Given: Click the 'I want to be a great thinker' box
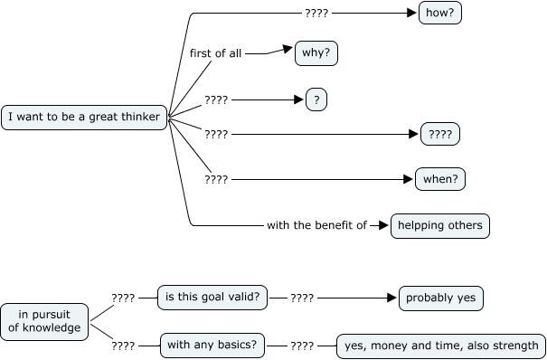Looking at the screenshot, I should click(84, 118).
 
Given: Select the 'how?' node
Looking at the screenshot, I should click(440, 14).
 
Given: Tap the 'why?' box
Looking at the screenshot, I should click(316, 53).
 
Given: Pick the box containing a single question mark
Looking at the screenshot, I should click(316, 99).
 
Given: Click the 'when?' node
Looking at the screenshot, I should click(440, 179).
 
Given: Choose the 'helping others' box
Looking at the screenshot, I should click(440, 225).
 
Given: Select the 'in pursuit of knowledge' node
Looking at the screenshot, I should click(44, 320).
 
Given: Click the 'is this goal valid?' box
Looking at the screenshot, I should click(212, 297).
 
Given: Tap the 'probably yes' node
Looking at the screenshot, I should click(441, 298).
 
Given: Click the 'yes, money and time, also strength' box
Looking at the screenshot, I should click(441, 345).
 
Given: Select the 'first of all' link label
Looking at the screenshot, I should click(215, 53).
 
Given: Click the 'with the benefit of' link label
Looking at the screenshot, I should click(316, 225).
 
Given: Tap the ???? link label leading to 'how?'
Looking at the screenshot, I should click(316, 14).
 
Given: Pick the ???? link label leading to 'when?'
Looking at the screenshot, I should click(216, 179).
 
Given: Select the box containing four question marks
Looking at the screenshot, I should click(440, 135).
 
